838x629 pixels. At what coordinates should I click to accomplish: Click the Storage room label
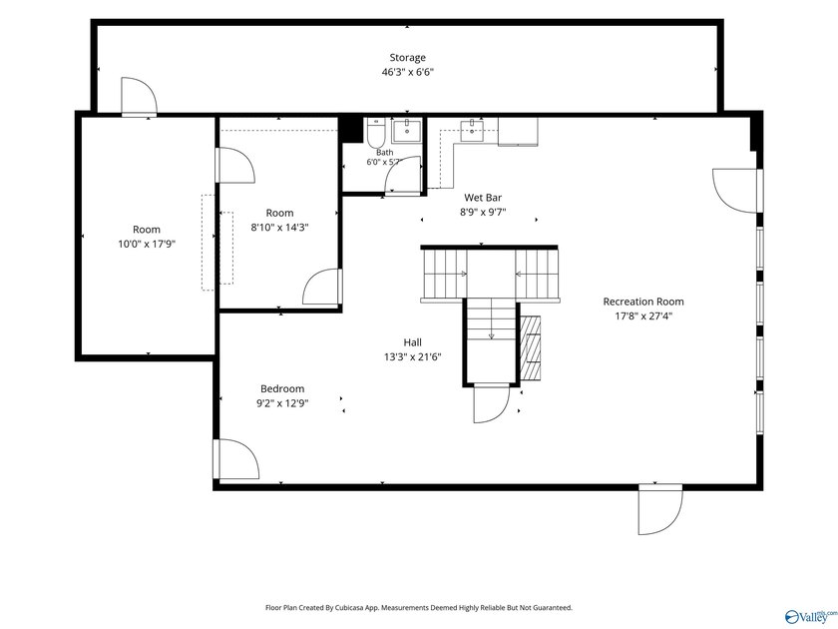pos(407,58)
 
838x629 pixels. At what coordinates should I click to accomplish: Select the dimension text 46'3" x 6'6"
pos(407,72)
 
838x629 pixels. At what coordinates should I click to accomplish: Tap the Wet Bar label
pos(483,198)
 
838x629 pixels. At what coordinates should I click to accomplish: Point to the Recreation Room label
pos(643,302)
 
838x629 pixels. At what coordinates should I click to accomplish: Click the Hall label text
pos(413,342)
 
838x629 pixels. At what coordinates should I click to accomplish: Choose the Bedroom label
pos(282,388)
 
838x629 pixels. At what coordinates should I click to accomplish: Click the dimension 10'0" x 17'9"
pos(147,245)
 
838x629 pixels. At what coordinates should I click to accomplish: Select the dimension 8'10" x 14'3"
pos(279,228)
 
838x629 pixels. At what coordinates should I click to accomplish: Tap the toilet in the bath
pos(376,133)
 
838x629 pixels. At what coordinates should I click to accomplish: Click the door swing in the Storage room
pos(139,96)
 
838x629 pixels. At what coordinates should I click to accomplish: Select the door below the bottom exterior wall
pos(660,509)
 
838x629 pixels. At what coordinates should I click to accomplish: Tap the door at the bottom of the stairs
pos(492,403)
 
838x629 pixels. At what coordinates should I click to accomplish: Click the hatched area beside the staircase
pos(530,347)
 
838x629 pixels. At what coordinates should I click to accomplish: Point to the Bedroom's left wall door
pos(236,459)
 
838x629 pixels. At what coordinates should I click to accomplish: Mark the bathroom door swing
pos(403,176)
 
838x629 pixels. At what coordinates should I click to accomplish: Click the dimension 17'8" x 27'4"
pos(643,316)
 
